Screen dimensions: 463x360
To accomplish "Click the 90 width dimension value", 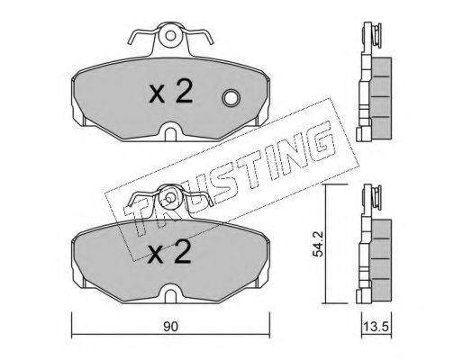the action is coord(171,327).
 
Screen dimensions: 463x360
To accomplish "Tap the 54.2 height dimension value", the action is coord(317,243).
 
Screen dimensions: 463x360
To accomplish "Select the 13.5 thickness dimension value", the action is coord(377,327).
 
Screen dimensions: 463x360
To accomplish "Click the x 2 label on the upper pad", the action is coord(171,93).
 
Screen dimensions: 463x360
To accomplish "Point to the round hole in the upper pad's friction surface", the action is coord(231,98).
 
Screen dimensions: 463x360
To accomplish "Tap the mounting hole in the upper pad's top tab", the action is coord(170,36).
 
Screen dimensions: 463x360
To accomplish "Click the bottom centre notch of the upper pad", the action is coord(170,131).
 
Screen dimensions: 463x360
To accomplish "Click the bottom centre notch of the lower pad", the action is coord(170,293).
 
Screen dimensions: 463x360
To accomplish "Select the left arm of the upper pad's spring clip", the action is coord(142,35).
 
